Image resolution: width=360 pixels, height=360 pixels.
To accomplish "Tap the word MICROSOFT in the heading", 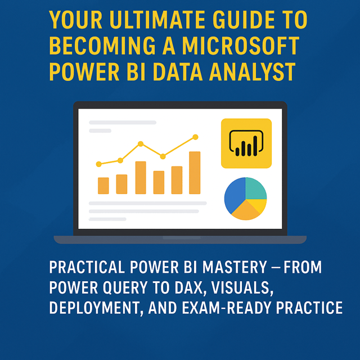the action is click(241, 46).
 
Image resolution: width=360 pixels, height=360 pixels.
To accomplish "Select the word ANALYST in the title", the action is click(252, 72).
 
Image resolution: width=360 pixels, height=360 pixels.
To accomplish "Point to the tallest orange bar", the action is click(195, 173).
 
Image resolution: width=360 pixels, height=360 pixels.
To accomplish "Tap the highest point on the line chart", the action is click(195, 137).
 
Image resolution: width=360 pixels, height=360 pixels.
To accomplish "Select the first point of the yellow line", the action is click(99, 164).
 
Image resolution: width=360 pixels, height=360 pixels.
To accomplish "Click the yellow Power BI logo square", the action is click(246, 143).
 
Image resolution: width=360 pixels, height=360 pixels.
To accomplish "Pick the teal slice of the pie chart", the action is click(255, 189).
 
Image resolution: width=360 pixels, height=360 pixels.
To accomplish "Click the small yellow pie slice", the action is click(259, 204).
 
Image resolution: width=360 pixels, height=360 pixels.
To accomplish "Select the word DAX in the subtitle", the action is click(190, 287).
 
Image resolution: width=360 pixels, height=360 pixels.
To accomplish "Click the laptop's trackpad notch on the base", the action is click(181, 238).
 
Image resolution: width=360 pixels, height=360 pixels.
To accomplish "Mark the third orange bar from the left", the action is click(141, 178).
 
